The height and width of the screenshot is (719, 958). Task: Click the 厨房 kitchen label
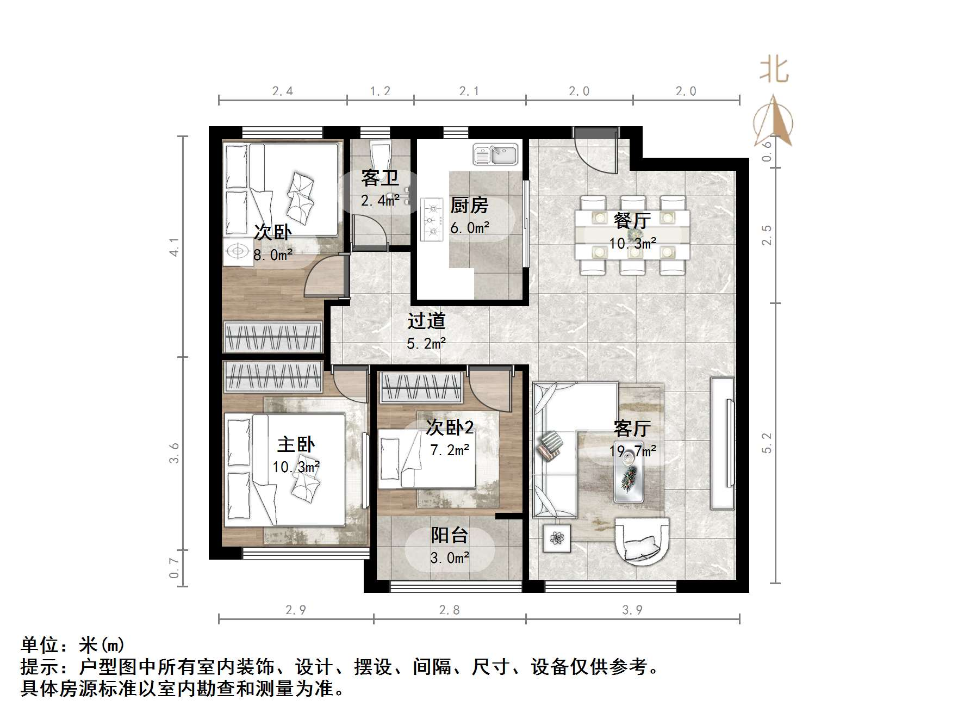(x=469, y=206)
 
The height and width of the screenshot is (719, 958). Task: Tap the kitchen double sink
(x=495, y=154)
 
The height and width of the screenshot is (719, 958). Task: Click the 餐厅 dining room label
(x=632, y=220)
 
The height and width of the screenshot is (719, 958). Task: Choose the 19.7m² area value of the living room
(x=632, y=451)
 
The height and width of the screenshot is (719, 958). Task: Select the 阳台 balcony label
(x=449, y=535)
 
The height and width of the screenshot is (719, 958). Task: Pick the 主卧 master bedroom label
(x=296, y=444)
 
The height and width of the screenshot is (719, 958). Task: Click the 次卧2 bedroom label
(x=450, y=427)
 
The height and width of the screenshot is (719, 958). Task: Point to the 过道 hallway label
(x=426, y=321)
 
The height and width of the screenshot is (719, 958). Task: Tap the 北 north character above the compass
(x=774, y=71)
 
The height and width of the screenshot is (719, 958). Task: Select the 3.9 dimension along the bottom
(x=632, y=610)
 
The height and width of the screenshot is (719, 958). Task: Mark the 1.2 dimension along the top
(x=380, y=91)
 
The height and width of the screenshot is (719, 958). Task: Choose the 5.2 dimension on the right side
(x=767, y=443)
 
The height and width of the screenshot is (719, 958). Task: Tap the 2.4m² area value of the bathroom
(x=381, y=200)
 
